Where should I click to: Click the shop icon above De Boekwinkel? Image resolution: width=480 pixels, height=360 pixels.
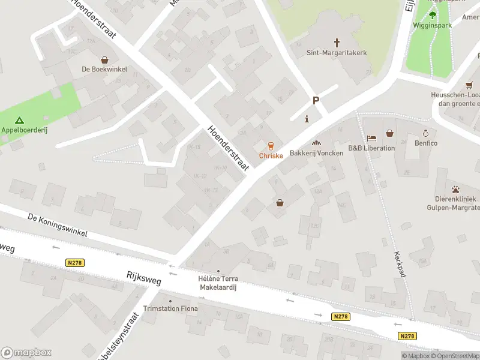tap(106, 60)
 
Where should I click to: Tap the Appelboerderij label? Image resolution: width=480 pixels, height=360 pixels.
tap(24, 130)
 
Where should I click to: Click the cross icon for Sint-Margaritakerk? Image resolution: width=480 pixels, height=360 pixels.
tap(337, 43)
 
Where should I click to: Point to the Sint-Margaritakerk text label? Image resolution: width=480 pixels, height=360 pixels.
tap(337, 53)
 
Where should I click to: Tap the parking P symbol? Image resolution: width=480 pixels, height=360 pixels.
tap(316, 101)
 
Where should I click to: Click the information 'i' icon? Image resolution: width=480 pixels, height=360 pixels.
tap(307, 118)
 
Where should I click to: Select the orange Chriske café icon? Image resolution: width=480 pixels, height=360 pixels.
tap(271, 146)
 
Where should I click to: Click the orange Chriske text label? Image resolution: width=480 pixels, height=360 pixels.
tap(271, 155)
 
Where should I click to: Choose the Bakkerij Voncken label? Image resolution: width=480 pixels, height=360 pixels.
tap(316, 153)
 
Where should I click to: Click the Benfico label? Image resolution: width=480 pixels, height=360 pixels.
tap(426, 143)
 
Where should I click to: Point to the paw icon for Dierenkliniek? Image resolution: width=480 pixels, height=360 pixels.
tap(455, 188)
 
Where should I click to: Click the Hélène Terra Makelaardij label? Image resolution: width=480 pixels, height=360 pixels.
tap(218, 283)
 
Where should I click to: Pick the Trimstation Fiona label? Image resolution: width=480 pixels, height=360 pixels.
tap(170, 308)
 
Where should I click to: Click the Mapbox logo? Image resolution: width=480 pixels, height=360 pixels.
tap(26, 353)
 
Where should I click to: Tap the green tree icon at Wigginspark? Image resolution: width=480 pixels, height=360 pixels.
tap(432, 15)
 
